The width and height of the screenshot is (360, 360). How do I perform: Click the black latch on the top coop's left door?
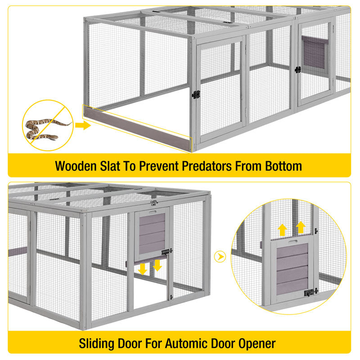(x=196, y=94)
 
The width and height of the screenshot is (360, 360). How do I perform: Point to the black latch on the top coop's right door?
(x=297, y=70)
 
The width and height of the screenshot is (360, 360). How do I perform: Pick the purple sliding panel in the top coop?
(x=313, y=52)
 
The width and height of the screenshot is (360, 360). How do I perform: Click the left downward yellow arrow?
(x=143, y=269)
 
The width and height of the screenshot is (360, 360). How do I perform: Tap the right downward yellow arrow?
(x=157, y=265)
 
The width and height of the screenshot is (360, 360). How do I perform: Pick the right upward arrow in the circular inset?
(x=300, y=226)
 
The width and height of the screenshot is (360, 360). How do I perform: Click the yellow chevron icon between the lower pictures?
(x=220, y=256)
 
